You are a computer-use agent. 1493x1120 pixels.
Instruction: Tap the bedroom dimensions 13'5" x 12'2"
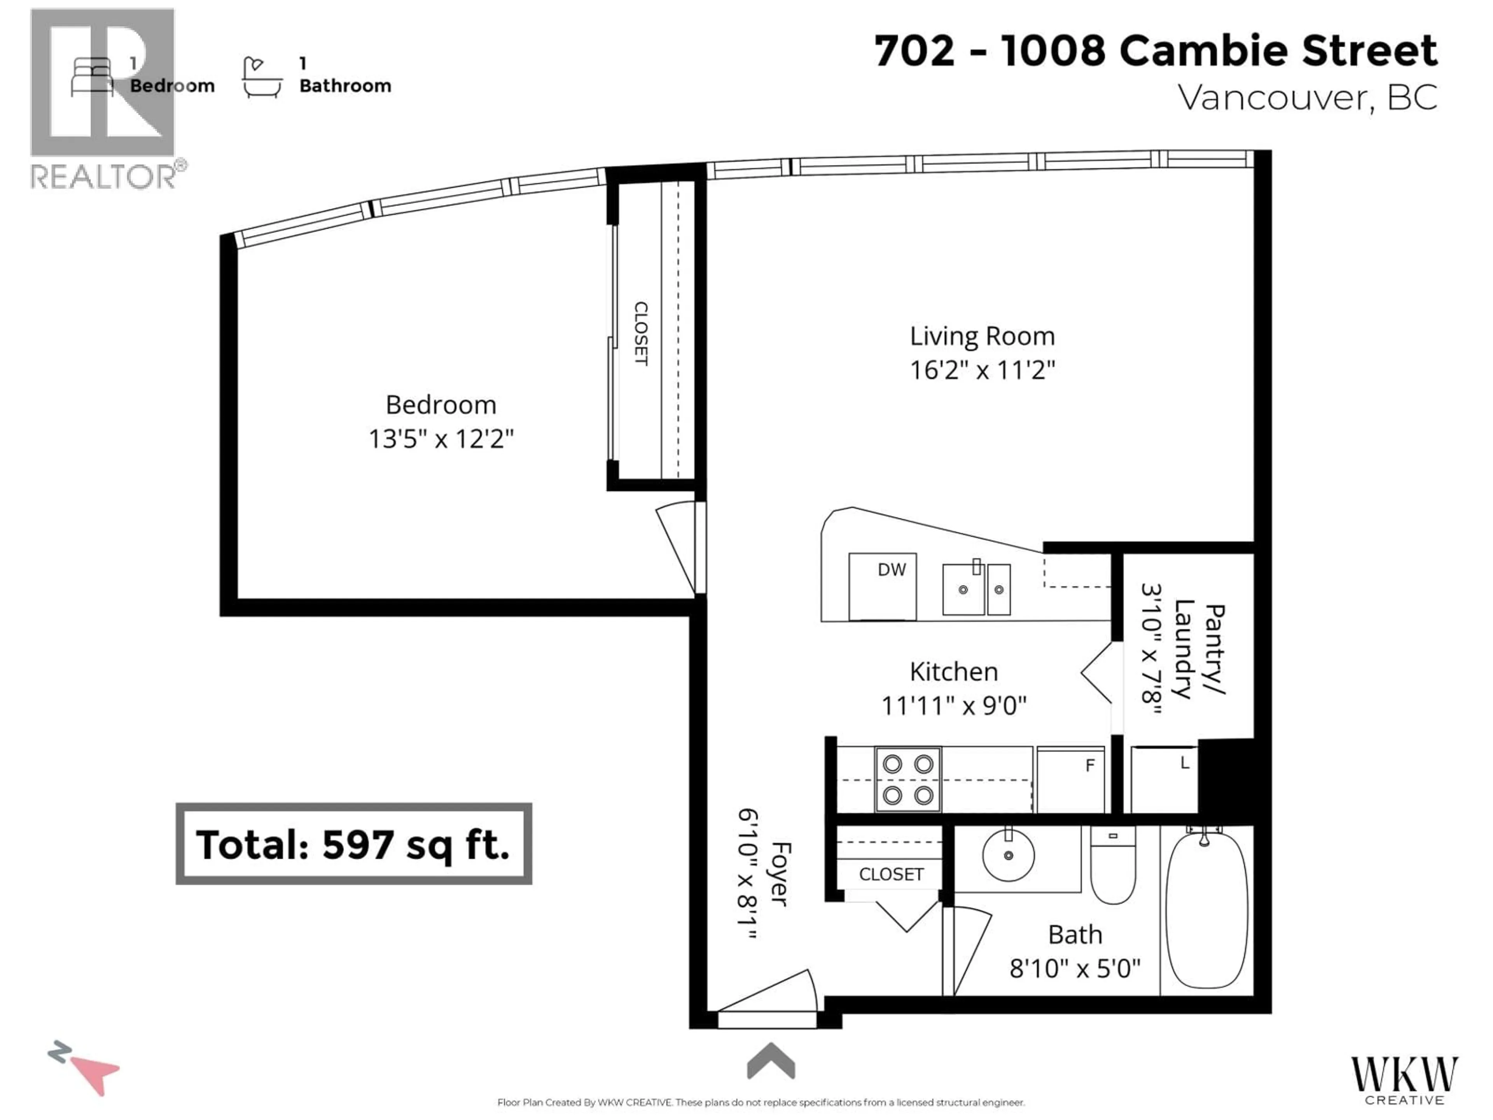441,439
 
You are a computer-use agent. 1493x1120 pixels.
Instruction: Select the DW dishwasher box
882,586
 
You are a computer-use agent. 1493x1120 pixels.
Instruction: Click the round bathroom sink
1008,855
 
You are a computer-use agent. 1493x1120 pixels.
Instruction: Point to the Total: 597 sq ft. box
354,844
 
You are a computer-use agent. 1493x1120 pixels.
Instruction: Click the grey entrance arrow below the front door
771,1062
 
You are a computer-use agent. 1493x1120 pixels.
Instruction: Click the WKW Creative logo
1404,1080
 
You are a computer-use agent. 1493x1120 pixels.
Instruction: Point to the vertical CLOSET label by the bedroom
640,334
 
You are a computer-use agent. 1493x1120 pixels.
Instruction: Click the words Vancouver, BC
1308,98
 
